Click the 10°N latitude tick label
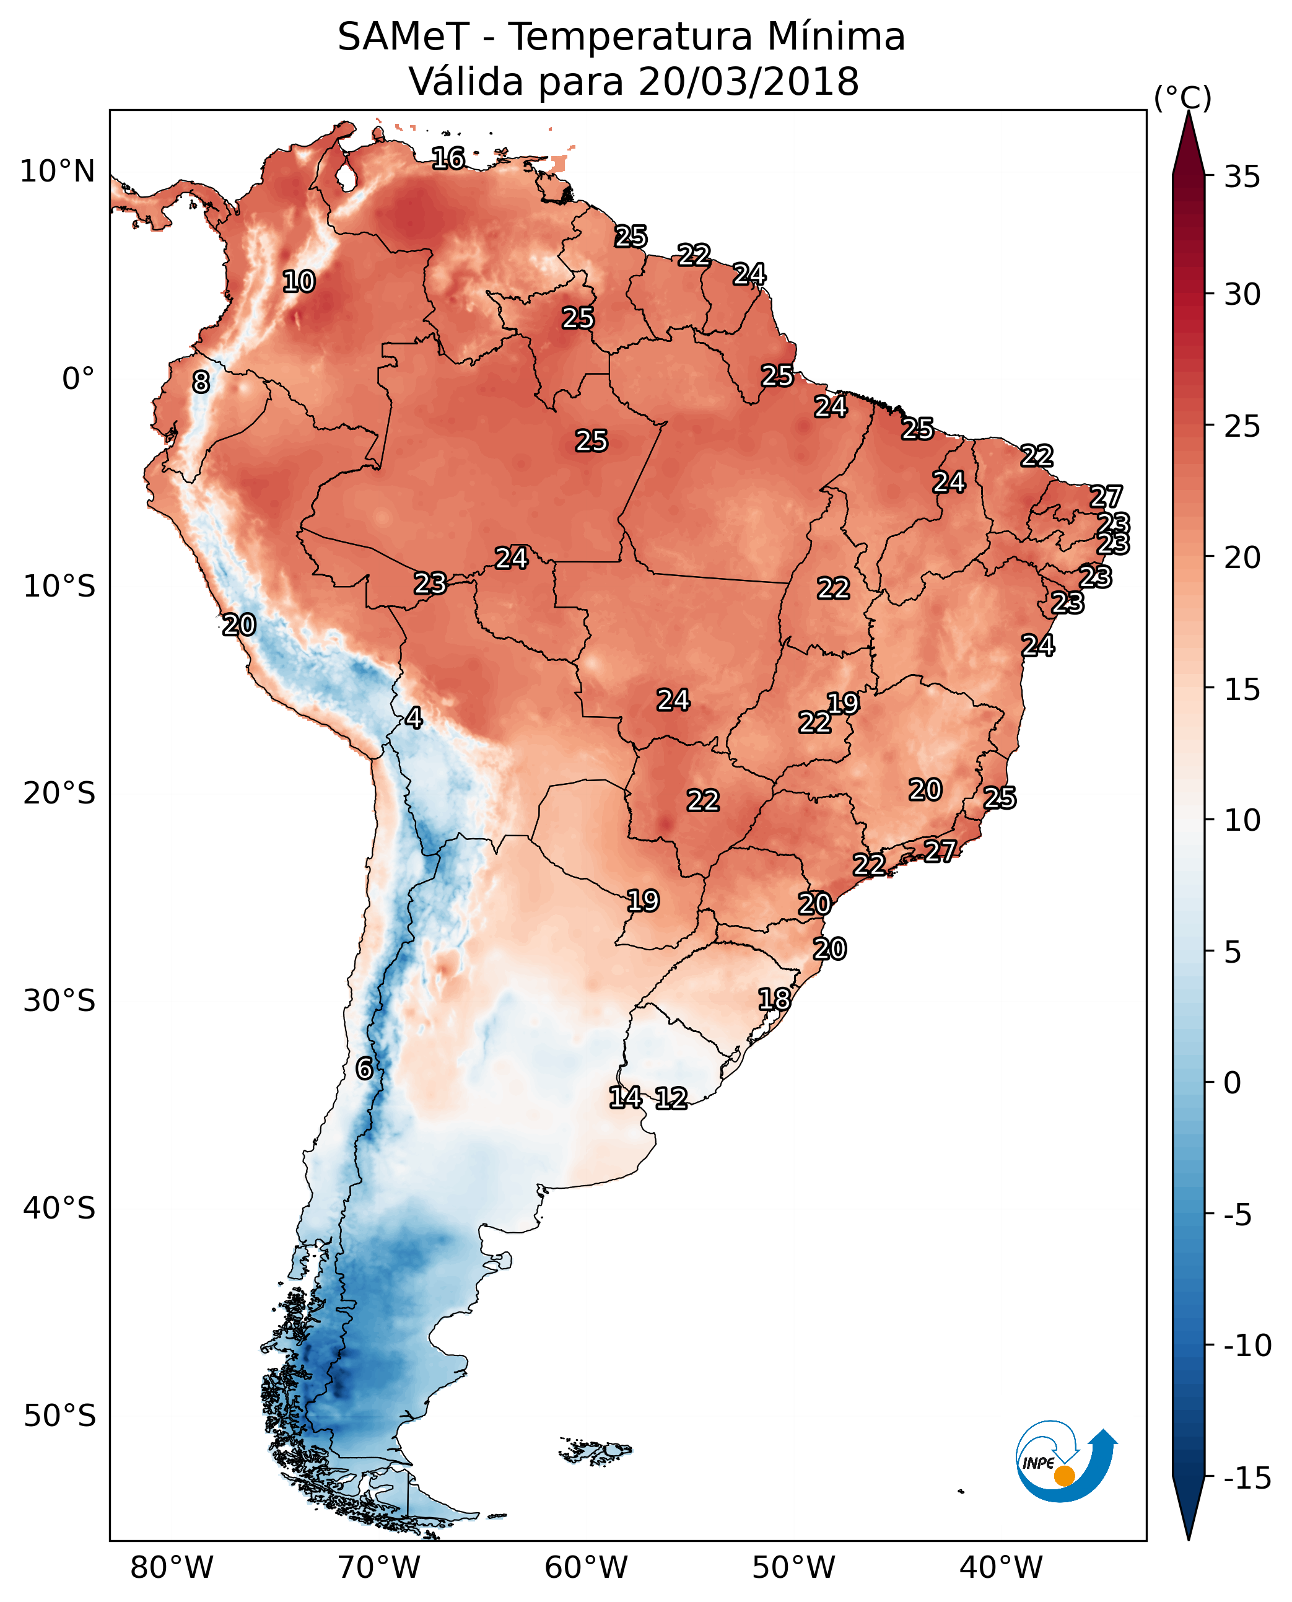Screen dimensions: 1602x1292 point(58,172)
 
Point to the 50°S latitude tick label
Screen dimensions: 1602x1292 point(59,1415)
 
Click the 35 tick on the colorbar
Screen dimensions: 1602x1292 point(1242,177)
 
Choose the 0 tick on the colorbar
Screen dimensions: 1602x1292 point(1233,1083)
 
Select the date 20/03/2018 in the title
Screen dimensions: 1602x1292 point(748,82)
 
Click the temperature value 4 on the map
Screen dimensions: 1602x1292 point(414,719)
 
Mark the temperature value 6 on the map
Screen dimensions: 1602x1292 point(364,1069)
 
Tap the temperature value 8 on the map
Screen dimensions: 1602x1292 point(201,383)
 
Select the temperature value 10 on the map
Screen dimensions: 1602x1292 point(299,281)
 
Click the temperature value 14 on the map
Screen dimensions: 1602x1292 point(625,1097)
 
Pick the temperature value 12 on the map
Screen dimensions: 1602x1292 point(671,1099)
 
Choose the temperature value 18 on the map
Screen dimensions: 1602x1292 point(774,999)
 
